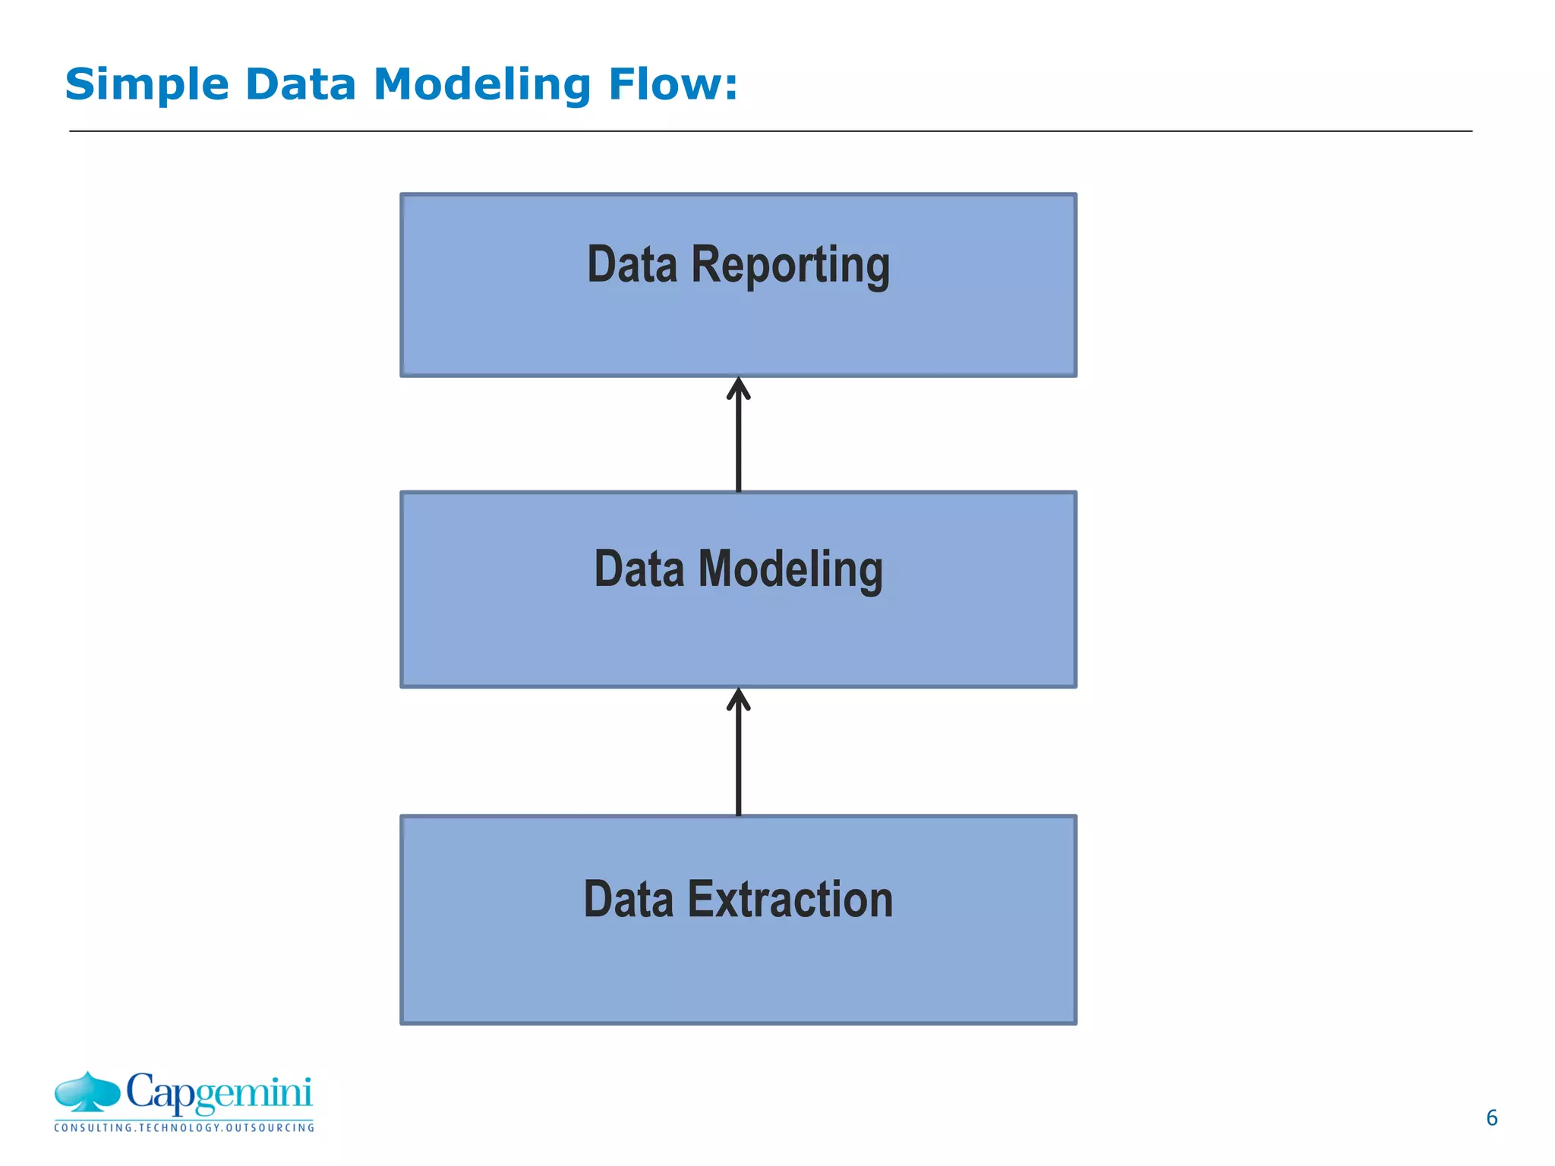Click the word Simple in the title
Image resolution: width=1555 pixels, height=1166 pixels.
point(147,84)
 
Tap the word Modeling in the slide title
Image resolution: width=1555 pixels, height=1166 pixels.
point(481,84)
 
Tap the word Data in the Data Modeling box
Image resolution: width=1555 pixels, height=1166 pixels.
point(639,569)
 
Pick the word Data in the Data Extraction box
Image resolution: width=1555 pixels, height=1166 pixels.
point(629,900)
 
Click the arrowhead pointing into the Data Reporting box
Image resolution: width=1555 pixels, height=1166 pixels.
point(738,388)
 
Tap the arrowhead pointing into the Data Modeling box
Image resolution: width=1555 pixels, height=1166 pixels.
point(738,699)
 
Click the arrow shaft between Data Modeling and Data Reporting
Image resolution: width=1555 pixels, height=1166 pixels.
point(738,448)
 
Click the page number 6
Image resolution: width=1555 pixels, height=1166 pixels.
point(1491,1117)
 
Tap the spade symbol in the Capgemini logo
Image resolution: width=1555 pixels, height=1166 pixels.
point(87,1092)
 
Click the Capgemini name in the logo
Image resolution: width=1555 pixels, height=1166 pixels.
point(219,1092)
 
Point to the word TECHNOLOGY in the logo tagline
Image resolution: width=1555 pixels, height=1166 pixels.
point(180,1128)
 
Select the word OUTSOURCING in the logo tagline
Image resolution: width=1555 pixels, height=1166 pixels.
point(270,1128)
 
